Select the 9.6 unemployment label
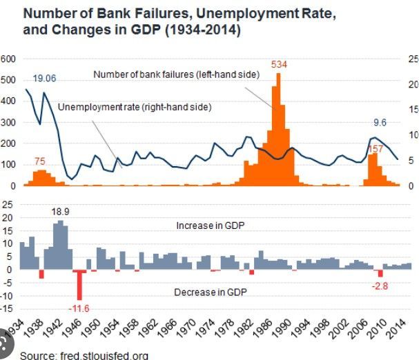pos(380,123)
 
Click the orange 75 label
pos(41,161)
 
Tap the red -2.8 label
pos(380,286)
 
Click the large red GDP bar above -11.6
pos(80,283)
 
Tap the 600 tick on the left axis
pos(8,59)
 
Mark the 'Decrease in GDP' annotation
pos(211,292)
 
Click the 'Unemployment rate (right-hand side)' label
pos(134,107)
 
